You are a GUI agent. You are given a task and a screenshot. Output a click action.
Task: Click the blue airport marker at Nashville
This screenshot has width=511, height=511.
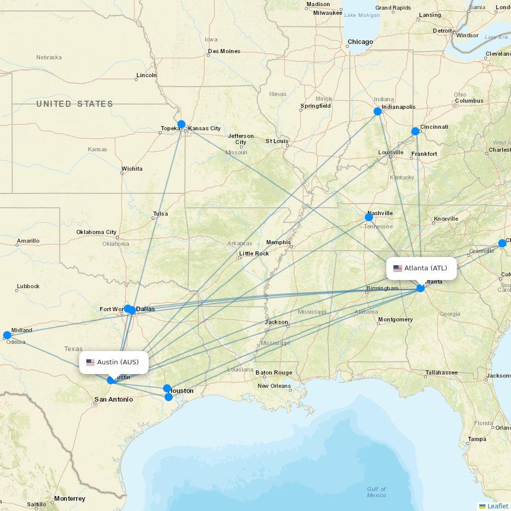369,217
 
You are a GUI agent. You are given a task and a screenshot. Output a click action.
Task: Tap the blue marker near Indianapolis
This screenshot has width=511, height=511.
378,111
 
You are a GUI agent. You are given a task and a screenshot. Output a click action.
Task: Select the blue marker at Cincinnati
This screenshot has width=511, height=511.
415,131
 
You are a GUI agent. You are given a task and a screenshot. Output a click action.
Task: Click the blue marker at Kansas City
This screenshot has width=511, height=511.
181,124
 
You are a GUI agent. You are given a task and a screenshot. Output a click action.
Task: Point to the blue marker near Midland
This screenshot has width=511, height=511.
7,335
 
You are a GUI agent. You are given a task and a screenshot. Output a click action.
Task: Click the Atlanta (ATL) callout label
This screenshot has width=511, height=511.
421,268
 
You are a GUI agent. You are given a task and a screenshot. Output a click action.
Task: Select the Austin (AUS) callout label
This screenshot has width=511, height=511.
113,362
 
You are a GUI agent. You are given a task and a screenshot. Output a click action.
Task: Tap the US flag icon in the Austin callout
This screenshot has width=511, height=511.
90,362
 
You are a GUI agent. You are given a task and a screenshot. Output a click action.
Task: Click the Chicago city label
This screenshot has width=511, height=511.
360,42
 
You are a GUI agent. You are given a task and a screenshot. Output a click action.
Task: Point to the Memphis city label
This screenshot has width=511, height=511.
278,242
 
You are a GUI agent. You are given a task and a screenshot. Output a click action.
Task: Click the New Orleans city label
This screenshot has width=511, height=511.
274,386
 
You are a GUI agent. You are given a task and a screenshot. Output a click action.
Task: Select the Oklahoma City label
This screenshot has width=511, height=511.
97,232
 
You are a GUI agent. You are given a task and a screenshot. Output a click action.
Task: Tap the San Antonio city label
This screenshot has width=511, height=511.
113,400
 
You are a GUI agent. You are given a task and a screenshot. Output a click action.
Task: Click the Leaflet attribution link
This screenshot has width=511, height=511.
497,506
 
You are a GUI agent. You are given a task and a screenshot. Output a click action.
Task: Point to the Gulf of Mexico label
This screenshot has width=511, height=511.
377,492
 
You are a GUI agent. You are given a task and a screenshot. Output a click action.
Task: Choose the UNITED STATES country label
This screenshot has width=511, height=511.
75,104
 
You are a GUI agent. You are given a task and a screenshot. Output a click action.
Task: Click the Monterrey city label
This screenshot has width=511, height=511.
69,498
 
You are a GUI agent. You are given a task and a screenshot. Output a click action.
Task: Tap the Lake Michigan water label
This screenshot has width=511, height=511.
362,15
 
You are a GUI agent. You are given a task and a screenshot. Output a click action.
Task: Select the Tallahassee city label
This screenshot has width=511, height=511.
442,373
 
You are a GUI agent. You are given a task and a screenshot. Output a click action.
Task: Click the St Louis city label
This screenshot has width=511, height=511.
277,141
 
